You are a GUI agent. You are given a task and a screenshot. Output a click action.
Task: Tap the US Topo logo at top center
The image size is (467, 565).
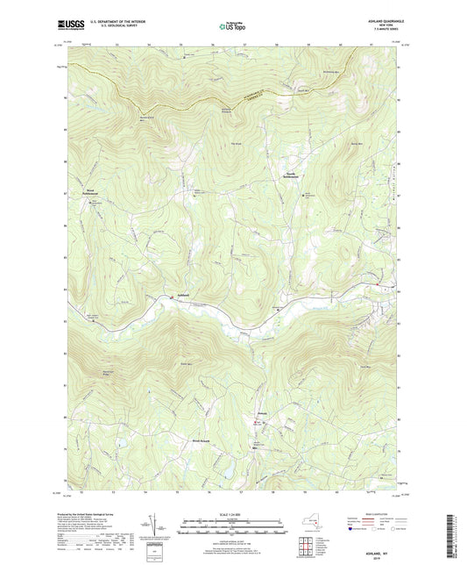(x=232, y=27)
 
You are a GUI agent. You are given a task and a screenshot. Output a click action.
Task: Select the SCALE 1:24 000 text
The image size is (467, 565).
(x=232, y=513)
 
